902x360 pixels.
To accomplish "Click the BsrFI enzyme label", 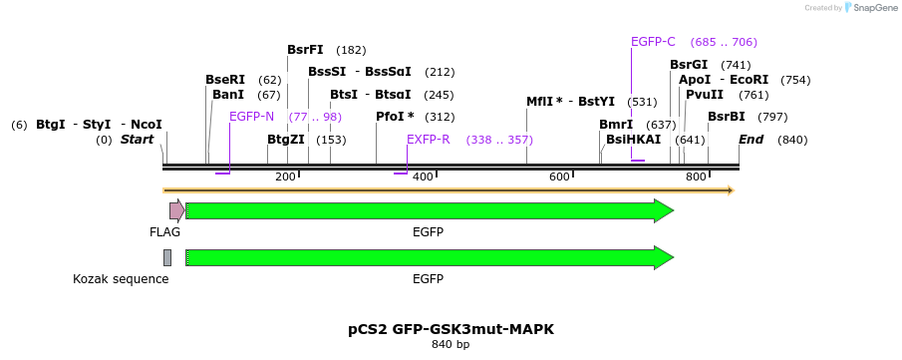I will [x=305, y=50].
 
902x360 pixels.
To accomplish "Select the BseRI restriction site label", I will [x=224, y=80].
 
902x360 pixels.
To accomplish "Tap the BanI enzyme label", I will [x=228, y=95].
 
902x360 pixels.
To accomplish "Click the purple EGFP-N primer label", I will [x=251, y=117].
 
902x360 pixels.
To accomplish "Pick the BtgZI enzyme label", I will [x=285, y=140].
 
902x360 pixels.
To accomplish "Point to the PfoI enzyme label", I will [x=395, y=117].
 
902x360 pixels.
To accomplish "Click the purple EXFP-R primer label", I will [x=429, y=140].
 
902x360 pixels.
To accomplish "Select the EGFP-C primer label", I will [x=653, y=42].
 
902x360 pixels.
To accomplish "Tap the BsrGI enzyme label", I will [x=689, y=65].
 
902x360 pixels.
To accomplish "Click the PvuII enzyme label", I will [x=705, y=95].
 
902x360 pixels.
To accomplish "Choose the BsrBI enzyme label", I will [x=727, y=117].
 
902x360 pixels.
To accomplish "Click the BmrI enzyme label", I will [x=616, y=125].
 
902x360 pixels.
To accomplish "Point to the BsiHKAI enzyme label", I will [x=633, y=140].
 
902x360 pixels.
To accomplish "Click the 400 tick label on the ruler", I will [x=423, y=177].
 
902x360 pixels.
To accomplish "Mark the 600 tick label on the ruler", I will [x=559, y=177].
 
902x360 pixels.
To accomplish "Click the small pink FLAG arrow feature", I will [x=176, y=210].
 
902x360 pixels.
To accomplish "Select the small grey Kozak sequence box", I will [x=167, y=257].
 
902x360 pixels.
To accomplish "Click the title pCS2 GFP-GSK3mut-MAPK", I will [x=451, y=329].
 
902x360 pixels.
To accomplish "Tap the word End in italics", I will [x=751, y=140].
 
